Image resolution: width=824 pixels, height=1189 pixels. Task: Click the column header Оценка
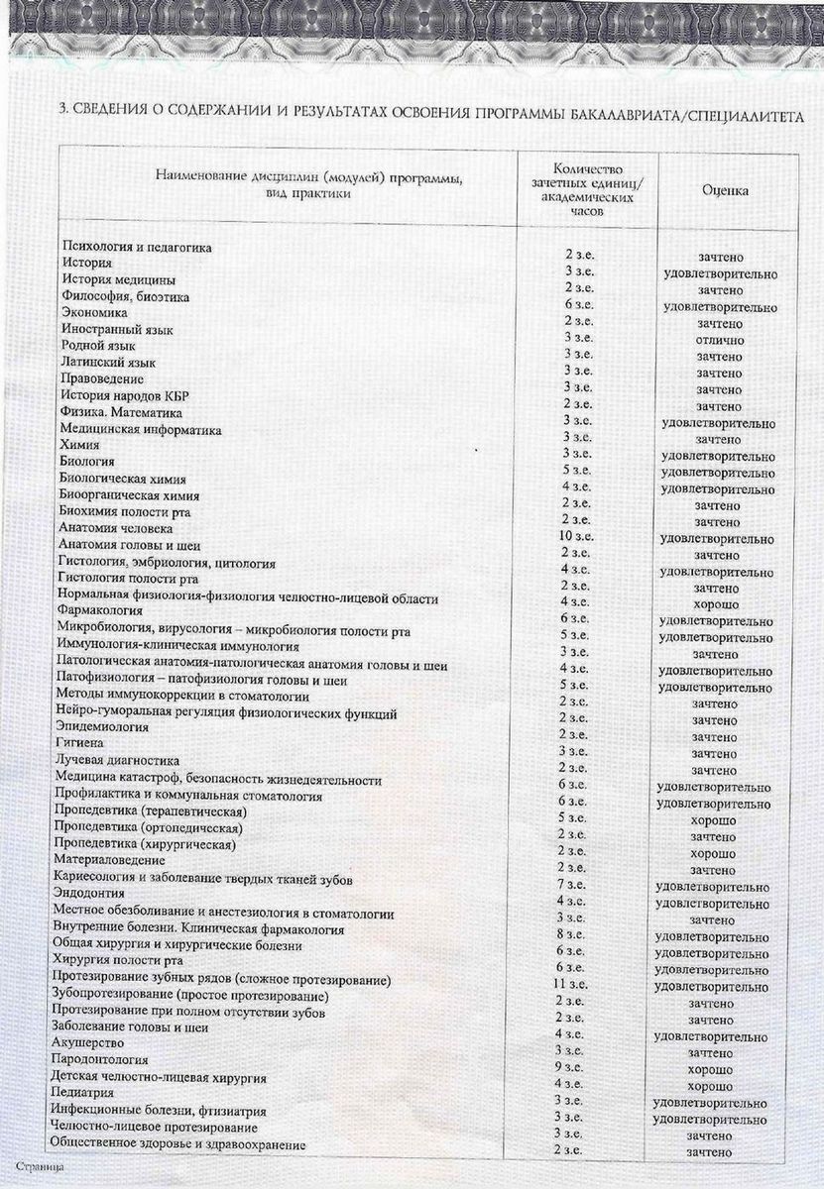point(725,187)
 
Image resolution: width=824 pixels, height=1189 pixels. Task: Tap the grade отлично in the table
point(718,340)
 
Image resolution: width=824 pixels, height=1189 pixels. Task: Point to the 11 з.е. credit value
point(574,984)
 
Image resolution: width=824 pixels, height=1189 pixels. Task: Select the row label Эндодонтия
point(90,896)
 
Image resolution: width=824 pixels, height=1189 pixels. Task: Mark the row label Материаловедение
point(107,861)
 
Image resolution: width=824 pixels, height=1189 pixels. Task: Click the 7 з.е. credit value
point(575,883)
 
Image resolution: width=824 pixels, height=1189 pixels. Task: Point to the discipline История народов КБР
point(131,396)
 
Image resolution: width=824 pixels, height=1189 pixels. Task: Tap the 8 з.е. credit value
point(575,933)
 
